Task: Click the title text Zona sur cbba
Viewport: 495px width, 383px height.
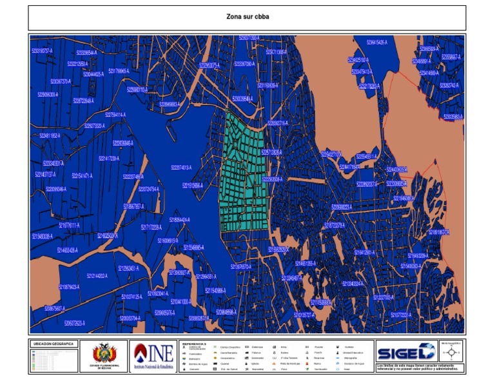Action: tap(247, 17)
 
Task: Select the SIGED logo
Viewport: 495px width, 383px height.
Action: tap(405, 353)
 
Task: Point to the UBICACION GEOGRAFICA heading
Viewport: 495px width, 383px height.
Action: tap(53, 344)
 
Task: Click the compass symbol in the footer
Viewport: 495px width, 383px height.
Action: tap(452, 352)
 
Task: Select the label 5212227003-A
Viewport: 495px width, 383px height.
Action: tap(389, 297)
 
